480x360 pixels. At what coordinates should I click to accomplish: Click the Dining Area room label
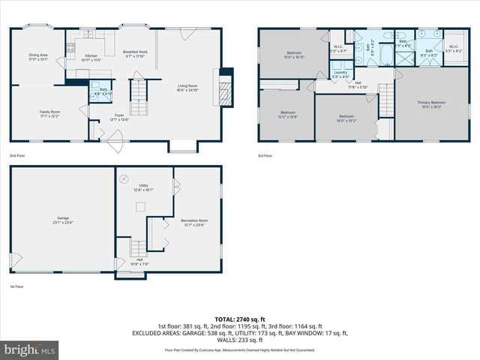pos(37,57)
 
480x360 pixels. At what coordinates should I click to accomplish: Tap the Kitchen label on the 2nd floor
pos(91,58)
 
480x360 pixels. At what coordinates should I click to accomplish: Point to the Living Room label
pos(187,88)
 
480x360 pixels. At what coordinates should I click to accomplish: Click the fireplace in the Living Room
pos(223,87)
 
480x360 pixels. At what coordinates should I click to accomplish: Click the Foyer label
pos(119,117)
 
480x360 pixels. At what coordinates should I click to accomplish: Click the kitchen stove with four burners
pos(71,49)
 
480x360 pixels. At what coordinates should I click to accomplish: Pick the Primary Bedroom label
pos(432,104)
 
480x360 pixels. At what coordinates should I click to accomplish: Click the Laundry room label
pos(341,73)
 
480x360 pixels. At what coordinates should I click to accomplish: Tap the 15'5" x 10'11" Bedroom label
pos(293,55)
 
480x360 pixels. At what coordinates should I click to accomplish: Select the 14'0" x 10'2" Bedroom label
pos(346,118)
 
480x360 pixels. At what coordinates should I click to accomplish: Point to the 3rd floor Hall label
pos(358,85)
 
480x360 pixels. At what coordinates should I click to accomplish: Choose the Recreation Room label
pos(193,223)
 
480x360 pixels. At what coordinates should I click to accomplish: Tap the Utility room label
pos(144,187)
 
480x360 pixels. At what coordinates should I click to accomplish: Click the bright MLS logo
pos(30,349)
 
